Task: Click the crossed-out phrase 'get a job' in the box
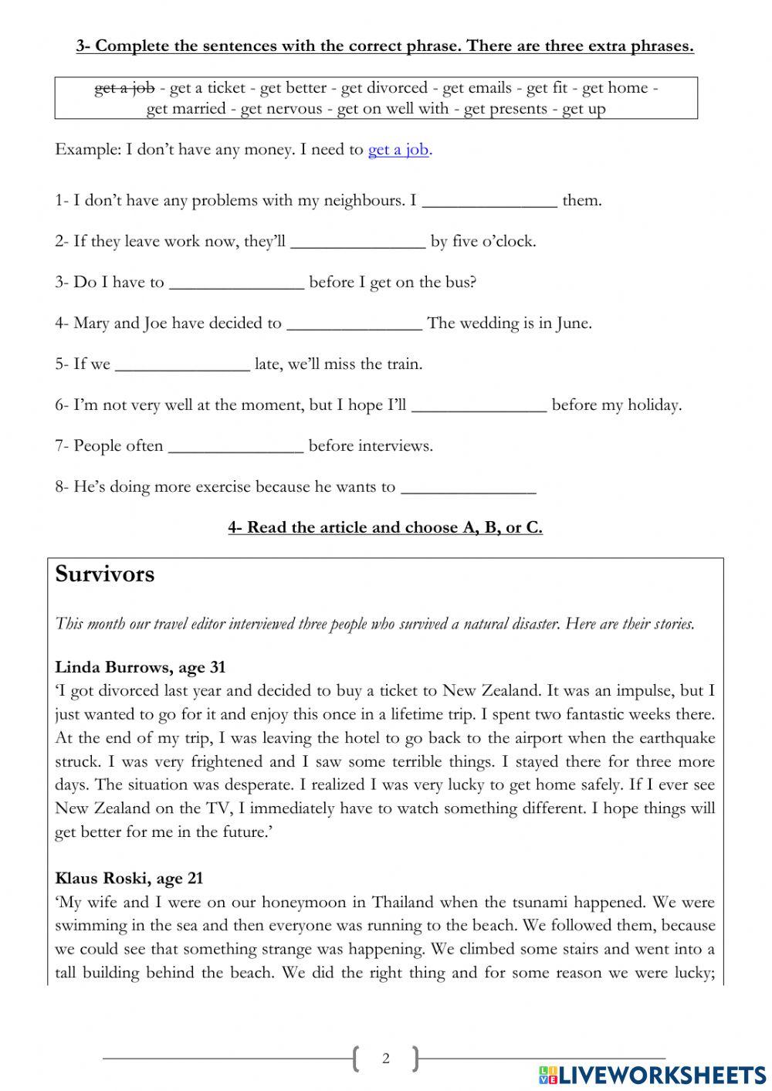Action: pos(124,88)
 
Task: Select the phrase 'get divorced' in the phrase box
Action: pos(384,88)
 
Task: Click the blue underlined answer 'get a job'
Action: pos(398,150)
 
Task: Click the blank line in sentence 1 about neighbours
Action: pos(489,202)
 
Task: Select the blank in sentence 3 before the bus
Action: pos(236,283)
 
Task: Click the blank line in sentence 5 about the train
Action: pos(182,365)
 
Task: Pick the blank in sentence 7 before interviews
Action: pos(235,447)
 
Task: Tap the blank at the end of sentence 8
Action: pos(469,488)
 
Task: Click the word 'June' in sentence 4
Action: pos(573,324)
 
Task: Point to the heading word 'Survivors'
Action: pos(105,574)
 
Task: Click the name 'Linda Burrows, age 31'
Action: pos(140,667)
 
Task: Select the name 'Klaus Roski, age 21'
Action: pos(129,878)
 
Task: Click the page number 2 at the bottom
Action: pos(386,1059)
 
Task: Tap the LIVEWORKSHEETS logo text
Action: pos(662,1075)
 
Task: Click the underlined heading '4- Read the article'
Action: pos(384,528)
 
